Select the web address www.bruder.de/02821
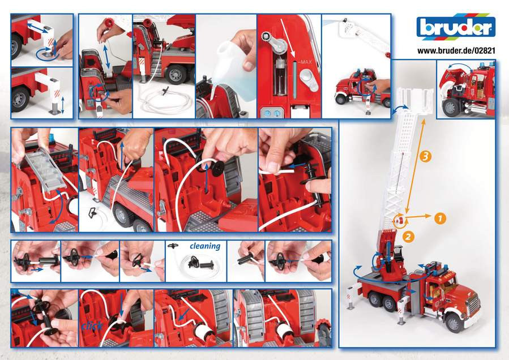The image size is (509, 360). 456,50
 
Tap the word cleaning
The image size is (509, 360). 204,246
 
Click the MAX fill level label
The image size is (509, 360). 306,61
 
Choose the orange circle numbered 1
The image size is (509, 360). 440,216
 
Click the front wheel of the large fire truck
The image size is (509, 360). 454,322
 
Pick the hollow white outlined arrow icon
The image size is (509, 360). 92,213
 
